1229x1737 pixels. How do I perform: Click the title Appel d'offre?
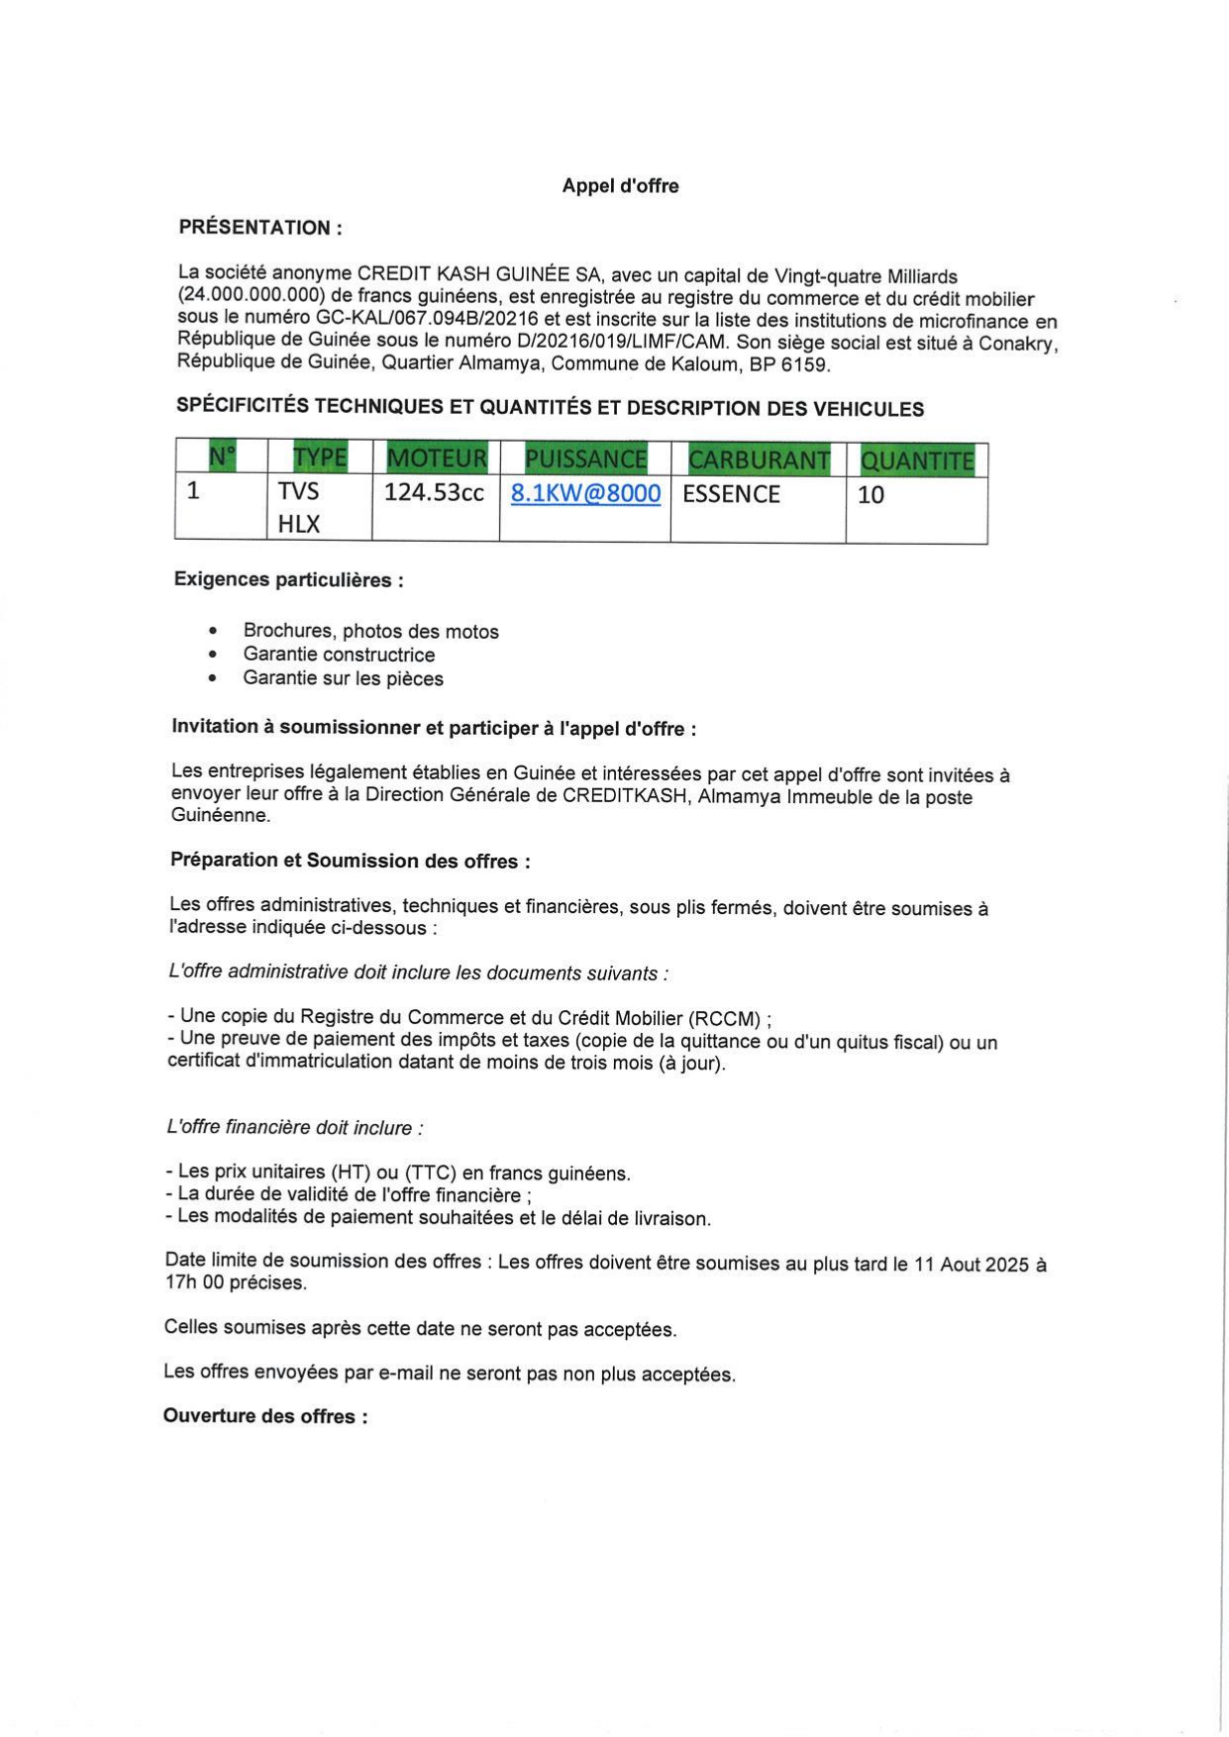pos(620,185)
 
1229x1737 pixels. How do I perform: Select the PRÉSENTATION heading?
pos(260,227)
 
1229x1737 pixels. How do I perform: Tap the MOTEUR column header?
pos(437,459)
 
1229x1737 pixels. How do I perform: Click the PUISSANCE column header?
pos(585,460)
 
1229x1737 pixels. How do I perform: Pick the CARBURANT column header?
pos(759,460)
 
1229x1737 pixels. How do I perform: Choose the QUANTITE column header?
pos(917,461)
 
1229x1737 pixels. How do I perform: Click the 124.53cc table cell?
pos(434,492)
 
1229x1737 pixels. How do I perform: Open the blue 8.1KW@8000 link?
pos(585,493)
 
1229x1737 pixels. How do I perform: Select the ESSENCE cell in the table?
pos(731,494)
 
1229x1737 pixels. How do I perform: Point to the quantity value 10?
pos(871,495)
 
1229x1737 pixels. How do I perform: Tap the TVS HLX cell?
pos(299,507)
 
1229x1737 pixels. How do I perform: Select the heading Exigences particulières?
pos(288,579)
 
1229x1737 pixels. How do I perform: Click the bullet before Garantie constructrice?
pos(213,655)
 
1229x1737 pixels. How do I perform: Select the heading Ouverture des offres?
pos(265,1416)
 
